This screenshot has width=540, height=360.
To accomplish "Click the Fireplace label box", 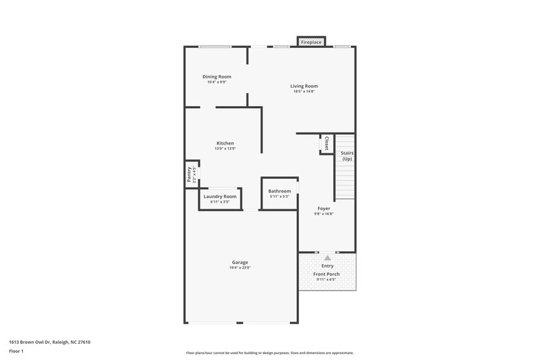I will [x=311, y=42].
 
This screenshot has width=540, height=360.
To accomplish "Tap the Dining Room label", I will [x=217, y=77].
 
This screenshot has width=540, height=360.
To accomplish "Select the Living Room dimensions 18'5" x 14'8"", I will [x=304, y=92].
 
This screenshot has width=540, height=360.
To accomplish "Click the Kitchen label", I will [x=225, y=143].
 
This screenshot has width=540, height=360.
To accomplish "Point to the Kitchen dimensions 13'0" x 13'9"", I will [x=225, y=149].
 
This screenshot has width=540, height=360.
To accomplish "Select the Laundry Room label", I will [x=220, y=197].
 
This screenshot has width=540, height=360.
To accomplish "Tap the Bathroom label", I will [x=279, y=191].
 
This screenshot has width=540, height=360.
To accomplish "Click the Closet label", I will [x=327, y=143].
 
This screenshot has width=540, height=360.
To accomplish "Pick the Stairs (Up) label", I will [x=347, y=156].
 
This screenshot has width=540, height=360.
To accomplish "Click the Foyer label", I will [x=324, y=209].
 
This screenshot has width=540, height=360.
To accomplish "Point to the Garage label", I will [x=240, y=262].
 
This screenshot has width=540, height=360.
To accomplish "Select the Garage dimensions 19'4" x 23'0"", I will [x=240, y=267].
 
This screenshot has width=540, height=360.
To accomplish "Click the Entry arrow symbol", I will [x=327, y=257].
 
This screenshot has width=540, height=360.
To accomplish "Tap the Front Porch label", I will [x=328, y=274].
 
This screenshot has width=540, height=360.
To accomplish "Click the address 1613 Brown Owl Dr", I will [x=50, y=342].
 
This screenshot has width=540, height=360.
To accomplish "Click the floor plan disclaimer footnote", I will [x=269, y=353].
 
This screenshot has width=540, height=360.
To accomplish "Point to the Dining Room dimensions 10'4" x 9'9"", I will [x=217, y=82].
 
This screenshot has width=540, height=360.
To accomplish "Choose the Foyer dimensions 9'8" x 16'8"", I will [x=324, y=214].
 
